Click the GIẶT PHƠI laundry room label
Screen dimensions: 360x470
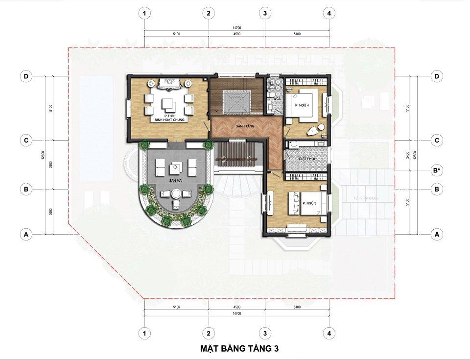coord(301,159)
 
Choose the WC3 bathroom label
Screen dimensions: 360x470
coord(277,99)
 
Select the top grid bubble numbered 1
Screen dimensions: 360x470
coord(144,13)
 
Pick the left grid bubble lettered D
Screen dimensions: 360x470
coord(25,76)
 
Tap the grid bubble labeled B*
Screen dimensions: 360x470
coord(437,170)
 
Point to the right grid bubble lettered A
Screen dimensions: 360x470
coord(437,235)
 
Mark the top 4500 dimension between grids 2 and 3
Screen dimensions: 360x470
coord(237,34)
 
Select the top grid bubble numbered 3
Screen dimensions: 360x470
coord(265,13)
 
